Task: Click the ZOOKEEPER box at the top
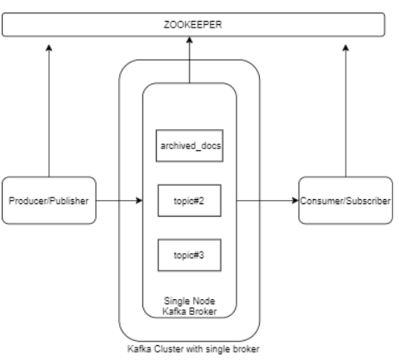coord(194,26)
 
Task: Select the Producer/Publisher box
coord(49,201)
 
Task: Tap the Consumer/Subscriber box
coord(345,201)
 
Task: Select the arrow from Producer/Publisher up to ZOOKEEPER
coord(49,108)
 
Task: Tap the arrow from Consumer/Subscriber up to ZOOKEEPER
coord(345,108)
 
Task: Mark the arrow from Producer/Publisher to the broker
coord(117,201)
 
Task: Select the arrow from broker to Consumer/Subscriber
coord(267,201)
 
